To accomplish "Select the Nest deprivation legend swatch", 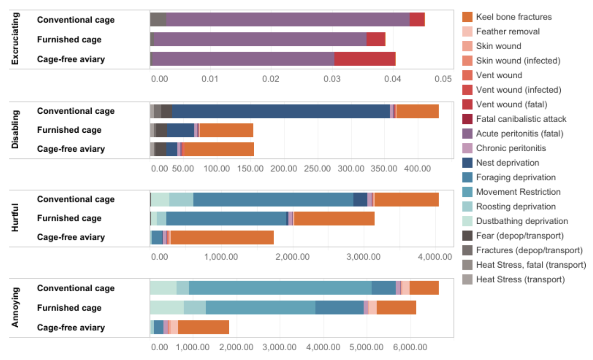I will coord(467,163).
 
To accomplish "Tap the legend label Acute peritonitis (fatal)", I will coord(519,134).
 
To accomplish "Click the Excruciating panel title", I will coord(15,39).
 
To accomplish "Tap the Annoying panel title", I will coord(15,307).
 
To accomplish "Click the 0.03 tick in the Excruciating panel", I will coord(332,79).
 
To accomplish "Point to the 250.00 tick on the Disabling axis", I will coord(317,169).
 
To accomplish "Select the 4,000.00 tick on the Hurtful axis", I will coord(435,257).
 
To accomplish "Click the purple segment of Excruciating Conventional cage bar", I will coord(287,19).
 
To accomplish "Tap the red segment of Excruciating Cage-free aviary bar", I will coord(364,59).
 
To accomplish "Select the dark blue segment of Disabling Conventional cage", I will coord(281,111).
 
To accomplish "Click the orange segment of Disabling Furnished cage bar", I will coord(226,130).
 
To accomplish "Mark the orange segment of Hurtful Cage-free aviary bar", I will coord(222,237).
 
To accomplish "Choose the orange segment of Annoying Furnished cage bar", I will coord(396,308).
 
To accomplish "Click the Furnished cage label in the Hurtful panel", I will coord(69,218).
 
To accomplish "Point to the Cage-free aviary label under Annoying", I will coord(71,328).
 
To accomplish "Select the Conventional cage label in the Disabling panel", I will coord(76,111).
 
